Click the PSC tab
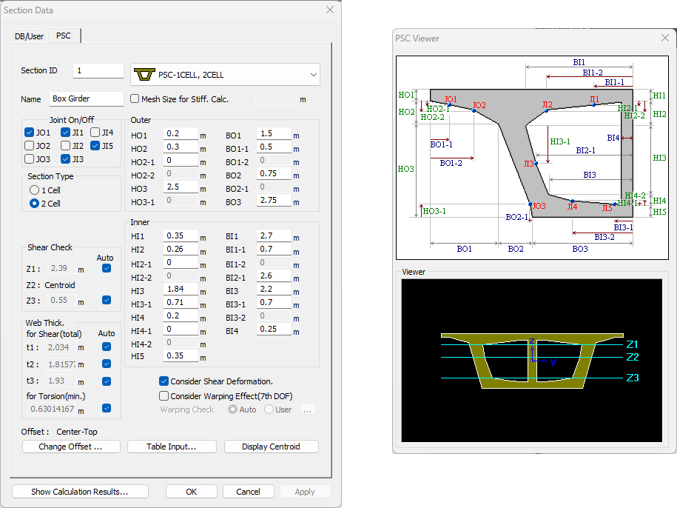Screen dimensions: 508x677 tap(64, 36)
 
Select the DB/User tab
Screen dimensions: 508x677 tap(30, 36)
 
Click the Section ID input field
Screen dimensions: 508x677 tap(98, 71)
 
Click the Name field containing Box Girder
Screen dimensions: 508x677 tap(86, 98)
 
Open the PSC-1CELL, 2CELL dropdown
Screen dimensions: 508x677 tap(225, 75)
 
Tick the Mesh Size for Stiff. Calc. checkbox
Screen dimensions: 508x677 tap(135, 98)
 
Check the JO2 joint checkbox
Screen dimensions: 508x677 tap(30, 146)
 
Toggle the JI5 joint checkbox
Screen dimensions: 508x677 tap(95, 146)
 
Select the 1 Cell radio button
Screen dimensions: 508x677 tap(35, 190)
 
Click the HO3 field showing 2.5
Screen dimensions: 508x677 tap(180, 187)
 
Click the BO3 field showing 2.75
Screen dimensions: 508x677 tap(274, 201)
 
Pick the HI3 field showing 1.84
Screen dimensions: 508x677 tap(180, 290)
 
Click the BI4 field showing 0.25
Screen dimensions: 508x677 tap(274, 330)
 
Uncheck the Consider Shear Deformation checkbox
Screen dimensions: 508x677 tap(164, 381)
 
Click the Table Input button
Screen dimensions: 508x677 tap(171, 447)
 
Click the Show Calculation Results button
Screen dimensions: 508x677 tap(80, 492)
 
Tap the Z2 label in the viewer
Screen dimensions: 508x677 tap(633, 357)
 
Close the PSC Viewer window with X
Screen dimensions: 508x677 tap(663, 39)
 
